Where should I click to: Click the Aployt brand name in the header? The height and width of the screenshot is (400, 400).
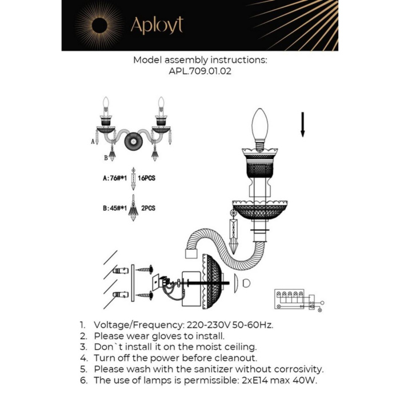(x=157, y=25)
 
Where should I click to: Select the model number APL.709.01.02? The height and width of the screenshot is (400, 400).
(x=200, y=72)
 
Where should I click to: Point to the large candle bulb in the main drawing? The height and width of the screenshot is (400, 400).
(x=260, y=125)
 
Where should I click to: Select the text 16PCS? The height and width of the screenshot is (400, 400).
(x=147, y=178)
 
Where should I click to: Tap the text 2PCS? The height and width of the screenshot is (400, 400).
(x=148, y=209)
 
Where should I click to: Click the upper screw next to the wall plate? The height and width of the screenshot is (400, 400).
(x=143, y=268)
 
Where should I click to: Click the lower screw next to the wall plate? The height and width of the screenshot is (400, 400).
(x=143, y=295)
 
